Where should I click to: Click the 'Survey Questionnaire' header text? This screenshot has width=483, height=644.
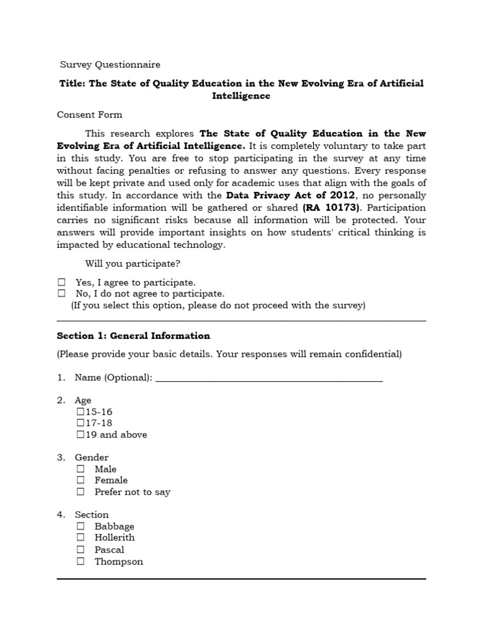pos(110,65)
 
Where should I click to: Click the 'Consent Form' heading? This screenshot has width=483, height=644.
pos(89,114)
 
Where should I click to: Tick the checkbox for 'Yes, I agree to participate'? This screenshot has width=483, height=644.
pos(62,282)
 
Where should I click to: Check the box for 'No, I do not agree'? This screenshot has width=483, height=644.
pos(62,294)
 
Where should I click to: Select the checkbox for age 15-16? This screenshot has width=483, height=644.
pos(80,411)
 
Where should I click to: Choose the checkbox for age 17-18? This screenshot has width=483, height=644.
pos(80,423)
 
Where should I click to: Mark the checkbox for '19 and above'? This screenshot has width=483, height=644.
pos(80,435)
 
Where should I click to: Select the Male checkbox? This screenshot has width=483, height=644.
pos(80,469)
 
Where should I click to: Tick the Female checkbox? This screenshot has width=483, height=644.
pos(80,480)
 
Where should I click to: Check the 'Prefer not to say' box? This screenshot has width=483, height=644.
pos(80,492)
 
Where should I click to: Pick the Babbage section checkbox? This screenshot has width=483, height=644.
pos(80,526)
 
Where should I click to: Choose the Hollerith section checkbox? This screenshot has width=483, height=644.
pos(80,538)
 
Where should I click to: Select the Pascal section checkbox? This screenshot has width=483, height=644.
pos(80,550)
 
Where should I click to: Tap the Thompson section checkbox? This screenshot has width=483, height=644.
pos(80,562)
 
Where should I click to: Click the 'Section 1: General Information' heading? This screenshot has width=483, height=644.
pos(133,336)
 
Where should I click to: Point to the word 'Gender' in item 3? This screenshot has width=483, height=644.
pos(92,457)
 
